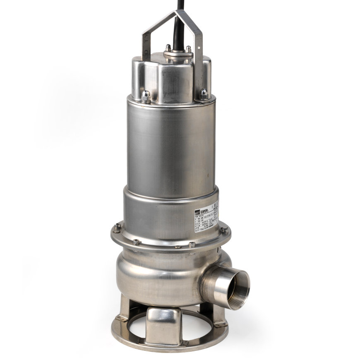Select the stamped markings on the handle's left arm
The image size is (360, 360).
(146, 41)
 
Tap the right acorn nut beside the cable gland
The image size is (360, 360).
(188, 49)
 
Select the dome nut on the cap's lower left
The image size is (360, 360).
(146, 96)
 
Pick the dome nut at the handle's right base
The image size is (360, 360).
(204, 94)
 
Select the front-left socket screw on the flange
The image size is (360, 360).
(136, 242)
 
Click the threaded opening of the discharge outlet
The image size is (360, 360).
(235, 290)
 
